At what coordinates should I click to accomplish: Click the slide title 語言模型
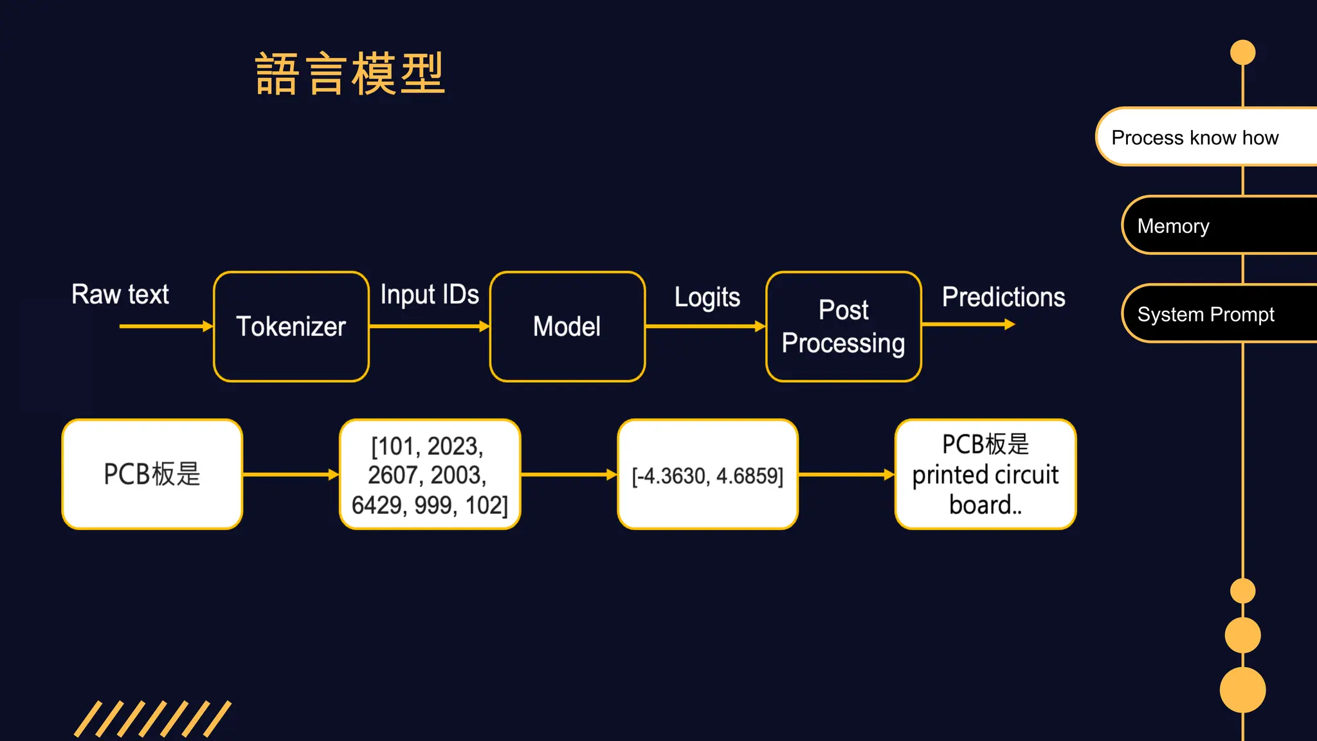tap(350, 74)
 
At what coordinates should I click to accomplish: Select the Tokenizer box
tap(291, 326)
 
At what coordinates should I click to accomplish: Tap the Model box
tap(567, 326)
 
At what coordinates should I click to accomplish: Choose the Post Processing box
tap(843, 326)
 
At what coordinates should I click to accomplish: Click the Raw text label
tap(120, 295)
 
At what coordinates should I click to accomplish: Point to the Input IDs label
tap(429, 295)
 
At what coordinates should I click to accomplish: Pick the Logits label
tap(707, 297)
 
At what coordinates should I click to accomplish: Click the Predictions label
tap(1003, 297)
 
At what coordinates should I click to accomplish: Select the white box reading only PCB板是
tap(152, 474)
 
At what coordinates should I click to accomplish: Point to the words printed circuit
tap(985, 475)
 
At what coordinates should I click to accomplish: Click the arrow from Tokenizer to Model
tap(429, 326)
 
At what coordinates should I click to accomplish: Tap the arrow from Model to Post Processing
tap(705, 326)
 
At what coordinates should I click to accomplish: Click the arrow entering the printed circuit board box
tap(846, 475)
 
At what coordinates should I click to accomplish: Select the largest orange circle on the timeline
tap(1242, 690)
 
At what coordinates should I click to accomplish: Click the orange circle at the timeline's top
tap(1242, 53)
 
